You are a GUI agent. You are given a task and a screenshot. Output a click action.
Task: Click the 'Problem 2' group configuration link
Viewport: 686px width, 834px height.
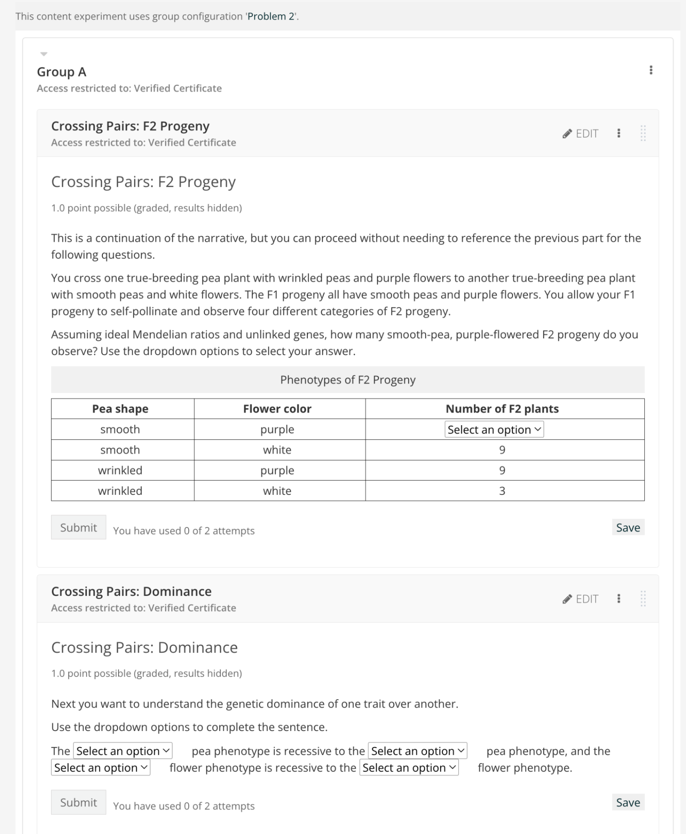click(x=271, y=16)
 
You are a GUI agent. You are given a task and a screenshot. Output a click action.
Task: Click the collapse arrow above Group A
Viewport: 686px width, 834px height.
click(x=44, y=54)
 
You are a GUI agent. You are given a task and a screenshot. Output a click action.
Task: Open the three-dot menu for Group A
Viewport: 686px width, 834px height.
click(x=651, y=70)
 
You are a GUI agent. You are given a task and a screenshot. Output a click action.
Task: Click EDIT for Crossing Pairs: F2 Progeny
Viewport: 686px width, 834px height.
click(x=581, y=134)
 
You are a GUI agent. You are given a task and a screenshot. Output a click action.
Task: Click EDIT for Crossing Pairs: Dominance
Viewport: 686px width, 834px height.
click(x=581, y=599)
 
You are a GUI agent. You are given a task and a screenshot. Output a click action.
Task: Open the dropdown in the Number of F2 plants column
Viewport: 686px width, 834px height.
click(x=494, y=429)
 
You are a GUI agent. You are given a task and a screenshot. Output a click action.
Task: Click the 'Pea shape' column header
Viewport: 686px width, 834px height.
click(x=120, y=408)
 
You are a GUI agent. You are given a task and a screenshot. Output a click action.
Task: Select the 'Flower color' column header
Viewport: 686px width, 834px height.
click(x=277, y=408)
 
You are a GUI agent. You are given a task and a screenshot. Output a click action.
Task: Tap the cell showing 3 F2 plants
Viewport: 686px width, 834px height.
click(x=502, y=491)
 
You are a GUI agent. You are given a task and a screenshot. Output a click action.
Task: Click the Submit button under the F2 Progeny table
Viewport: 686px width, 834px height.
click(x=78, y=527)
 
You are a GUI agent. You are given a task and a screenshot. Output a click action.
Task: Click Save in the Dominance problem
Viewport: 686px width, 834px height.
click(x=628, y=802)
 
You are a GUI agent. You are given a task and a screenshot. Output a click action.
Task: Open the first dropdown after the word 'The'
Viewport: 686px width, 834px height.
click(x=123, y=751)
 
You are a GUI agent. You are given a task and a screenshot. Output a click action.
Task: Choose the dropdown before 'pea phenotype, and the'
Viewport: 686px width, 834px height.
click(x=418, y=751)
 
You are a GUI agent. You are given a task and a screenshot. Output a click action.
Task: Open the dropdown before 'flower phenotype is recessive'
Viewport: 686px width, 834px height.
click(x=101, y=768)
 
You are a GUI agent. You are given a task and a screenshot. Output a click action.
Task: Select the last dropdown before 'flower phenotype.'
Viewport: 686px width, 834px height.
click(x=409, y=768)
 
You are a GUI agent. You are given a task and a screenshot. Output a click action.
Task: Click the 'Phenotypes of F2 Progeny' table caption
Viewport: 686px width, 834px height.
click(x=347, y=380)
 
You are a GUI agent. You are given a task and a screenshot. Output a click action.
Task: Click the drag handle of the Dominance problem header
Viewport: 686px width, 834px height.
click(x=643, y=599)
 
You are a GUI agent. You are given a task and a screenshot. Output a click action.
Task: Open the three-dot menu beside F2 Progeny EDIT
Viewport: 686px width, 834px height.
click(x=618, y=134)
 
